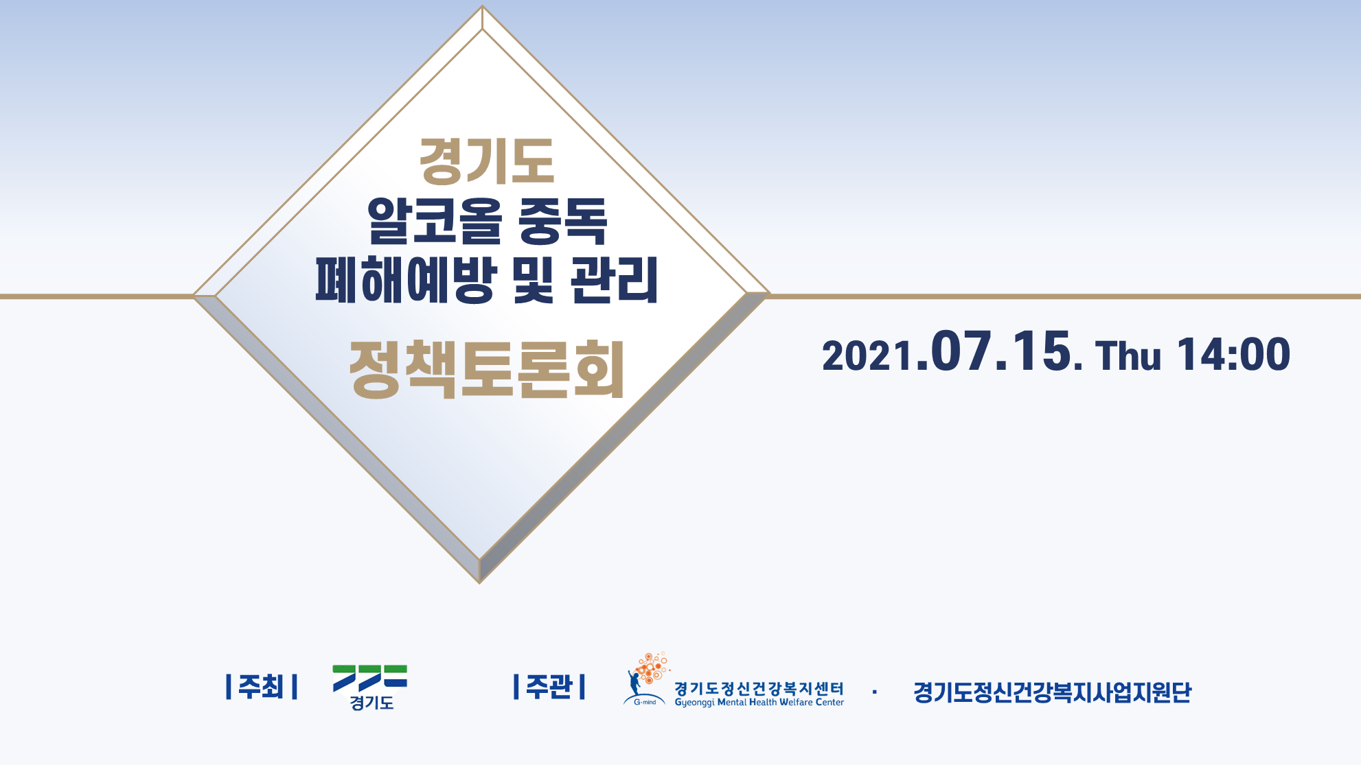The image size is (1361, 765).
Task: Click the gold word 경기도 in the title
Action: click(487, 161)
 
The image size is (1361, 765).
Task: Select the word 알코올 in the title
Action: click(435, 220)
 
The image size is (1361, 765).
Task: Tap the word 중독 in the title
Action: click(563, 220)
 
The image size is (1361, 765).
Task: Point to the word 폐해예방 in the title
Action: click(406, 279)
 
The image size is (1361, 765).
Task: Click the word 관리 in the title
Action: click(614, 279)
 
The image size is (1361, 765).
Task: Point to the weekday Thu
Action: click(1128, 355)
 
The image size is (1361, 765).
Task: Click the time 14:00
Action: click(1234, 355)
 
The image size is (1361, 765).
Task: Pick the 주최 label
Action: click(262, 687)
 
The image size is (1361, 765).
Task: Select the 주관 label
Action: click(549, 687)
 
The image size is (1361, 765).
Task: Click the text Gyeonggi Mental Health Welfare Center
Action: click(759, 702)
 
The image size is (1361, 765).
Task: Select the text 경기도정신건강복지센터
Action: click(759, 688)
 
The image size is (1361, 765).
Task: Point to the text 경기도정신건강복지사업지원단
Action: click(1052, 692)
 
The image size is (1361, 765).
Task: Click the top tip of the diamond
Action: click(482, 6)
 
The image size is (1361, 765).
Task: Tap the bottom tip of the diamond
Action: click(479, 583)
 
